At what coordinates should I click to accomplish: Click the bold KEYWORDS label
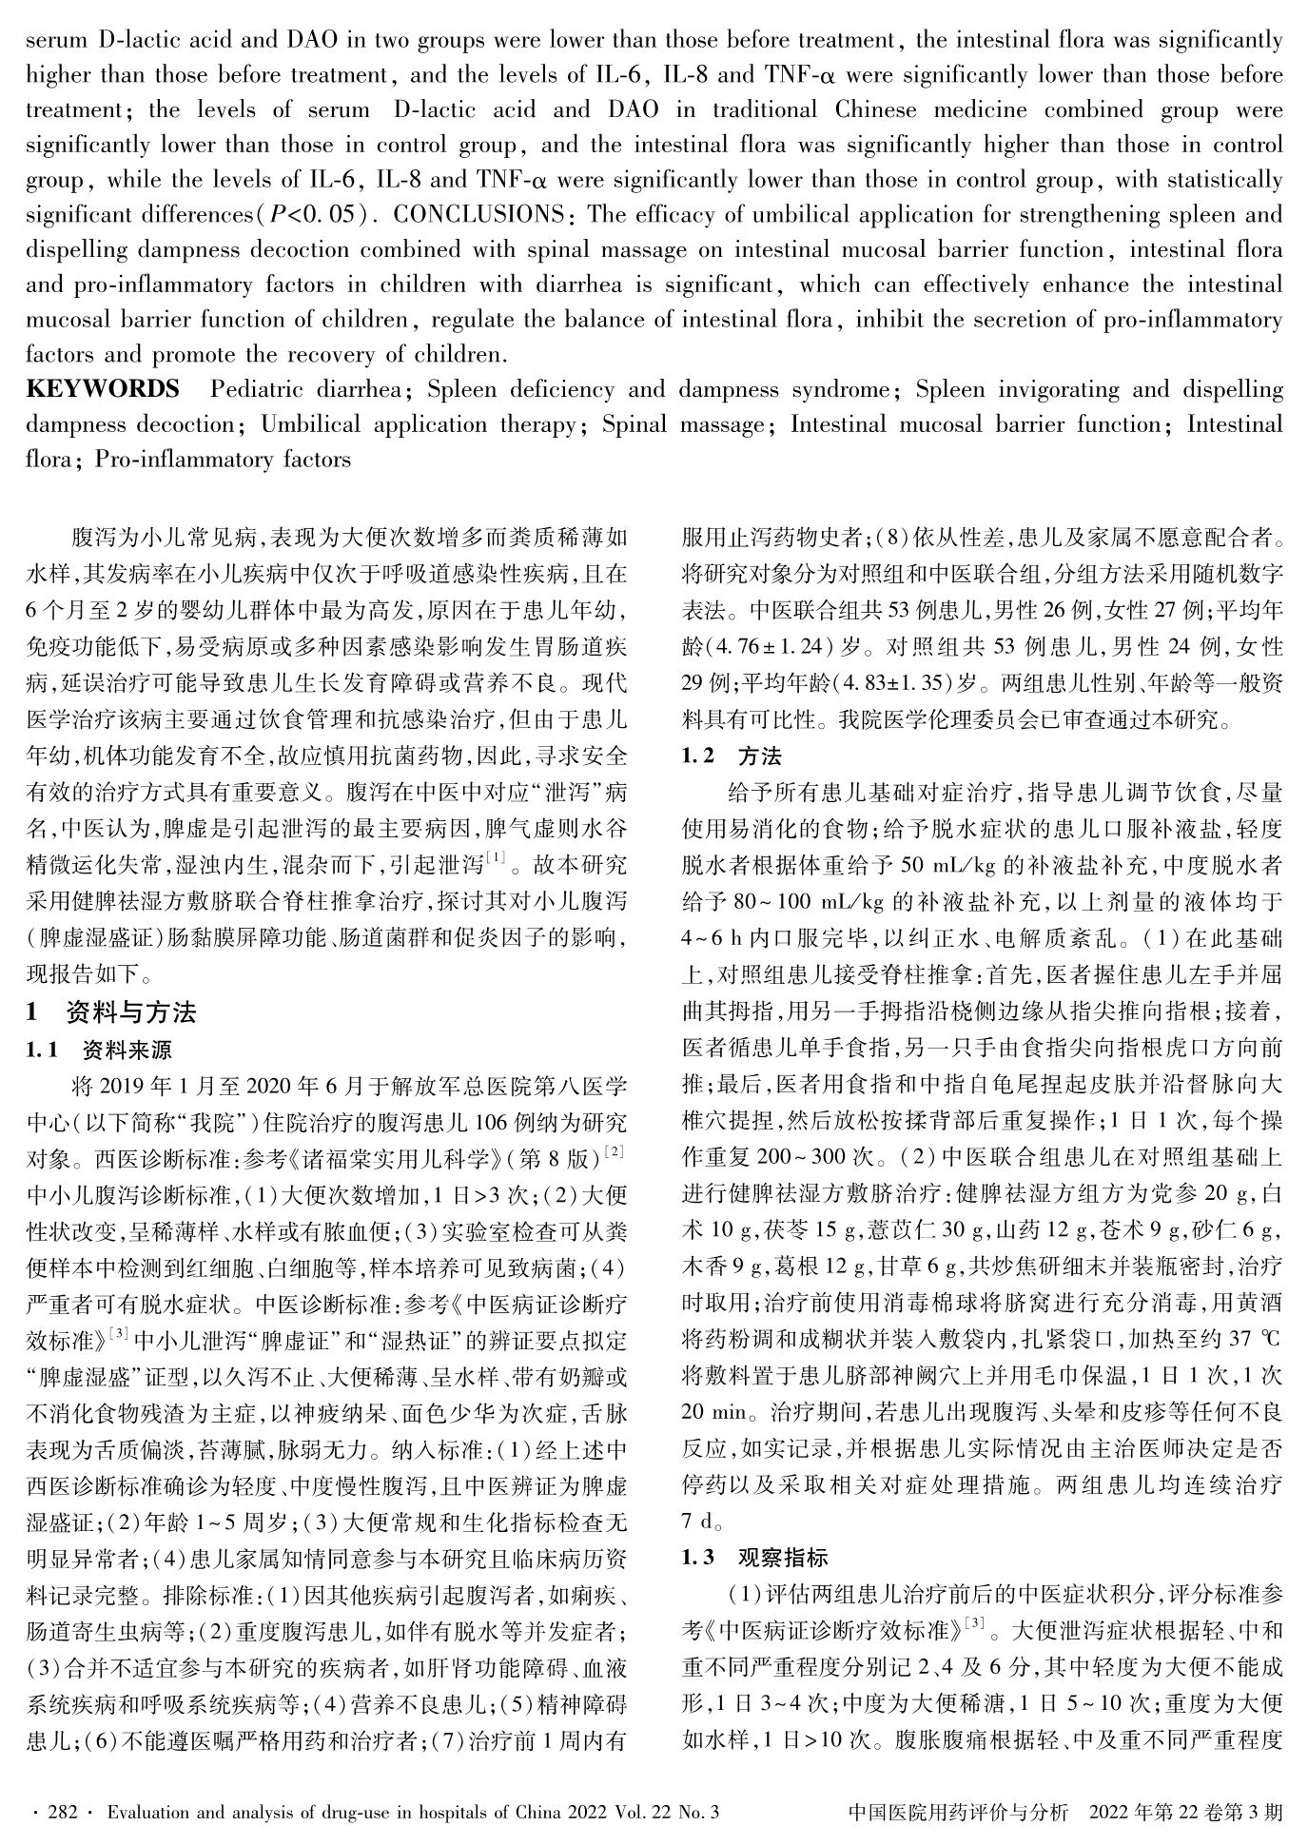(102, 390)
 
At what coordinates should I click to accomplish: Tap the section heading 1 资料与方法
(111, 1011)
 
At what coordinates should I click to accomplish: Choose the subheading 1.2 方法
(732, 756)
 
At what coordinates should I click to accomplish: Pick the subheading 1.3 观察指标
(754, 1558)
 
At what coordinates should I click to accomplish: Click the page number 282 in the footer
(62, 1813)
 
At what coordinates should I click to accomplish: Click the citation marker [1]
(496, 860)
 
